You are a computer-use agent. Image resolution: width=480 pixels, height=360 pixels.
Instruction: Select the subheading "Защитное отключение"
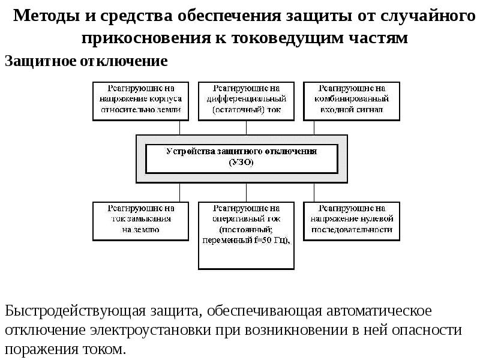(86, 61)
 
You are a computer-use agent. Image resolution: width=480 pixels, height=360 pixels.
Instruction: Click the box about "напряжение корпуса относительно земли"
(141, 100)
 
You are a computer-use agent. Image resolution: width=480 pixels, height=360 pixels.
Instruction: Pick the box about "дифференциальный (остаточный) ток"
(246, 100)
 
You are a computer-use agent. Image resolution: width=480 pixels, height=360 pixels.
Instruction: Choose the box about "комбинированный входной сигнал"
(351, 100)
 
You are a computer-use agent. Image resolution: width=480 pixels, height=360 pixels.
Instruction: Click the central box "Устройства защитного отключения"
(242, 151)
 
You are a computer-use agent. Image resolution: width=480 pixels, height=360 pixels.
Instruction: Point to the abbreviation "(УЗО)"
(242, 162)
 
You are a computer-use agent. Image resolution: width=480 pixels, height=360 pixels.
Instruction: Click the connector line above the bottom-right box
(314, 192)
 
